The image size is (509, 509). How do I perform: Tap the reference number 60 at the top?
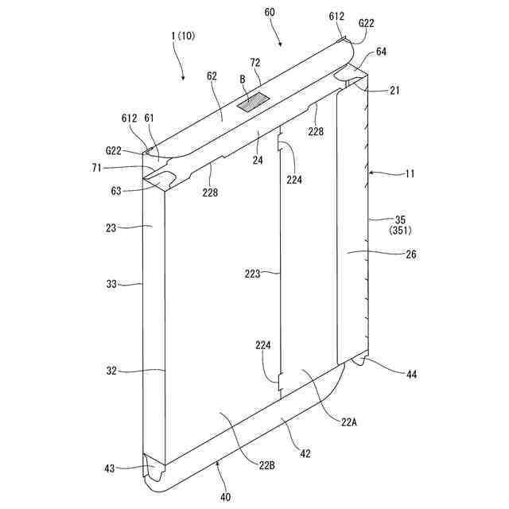[270, 14]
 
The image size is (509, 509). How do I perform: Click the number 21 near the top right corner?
[394, 91]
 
